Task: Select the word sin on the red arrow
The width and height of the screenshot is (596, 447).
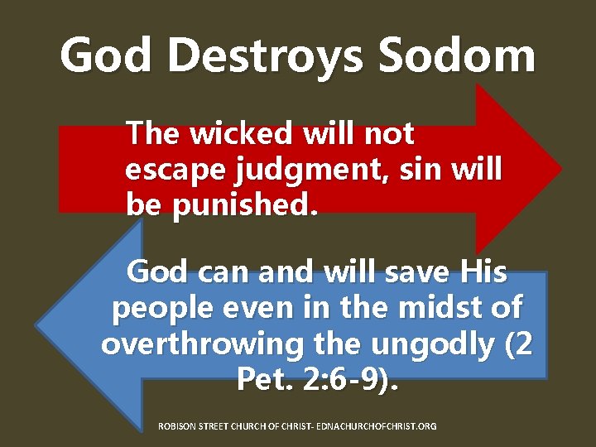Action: (416, 169)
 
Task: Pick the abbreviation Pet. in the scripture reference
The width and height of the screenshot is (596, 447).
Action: (265, 380)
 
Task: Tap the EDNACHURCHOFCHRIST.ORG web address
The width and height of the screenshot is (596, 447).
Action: (381, 425)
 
